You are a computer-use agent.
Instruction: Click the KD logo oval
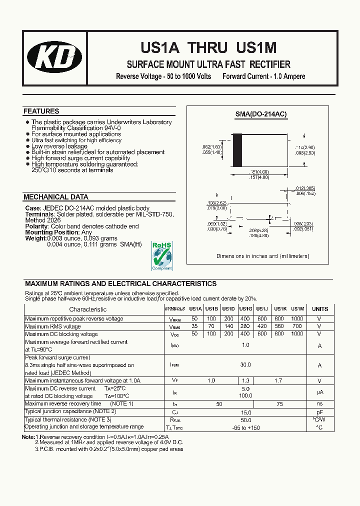55,55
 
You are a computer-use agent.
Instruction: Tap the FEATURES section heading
41,111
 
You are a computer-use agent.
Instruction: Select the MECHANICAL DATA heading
56,197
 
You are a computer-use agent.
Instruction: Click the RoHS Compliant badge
161,255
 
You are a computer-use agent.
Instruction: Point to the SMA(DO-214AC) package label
261,114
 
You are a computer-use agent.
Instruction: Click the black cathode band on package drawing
238,150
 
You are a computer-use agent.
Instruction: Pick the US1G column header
245,309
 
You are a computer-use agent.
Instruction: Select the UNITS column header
320,309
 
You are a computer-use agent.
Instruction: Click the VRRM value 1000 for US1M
297,318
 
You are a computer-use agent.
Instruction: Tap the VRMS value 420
262,326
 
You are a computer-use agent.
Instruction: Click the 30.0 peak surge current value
245,365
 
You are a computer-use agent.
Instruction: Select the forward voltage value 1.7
279,380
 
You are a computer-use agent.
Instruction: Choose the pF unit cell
320,411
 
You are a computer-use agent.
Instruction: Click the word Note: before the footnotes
28,436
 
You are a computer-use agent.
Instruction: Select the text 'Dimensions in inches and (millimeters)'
262,256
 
